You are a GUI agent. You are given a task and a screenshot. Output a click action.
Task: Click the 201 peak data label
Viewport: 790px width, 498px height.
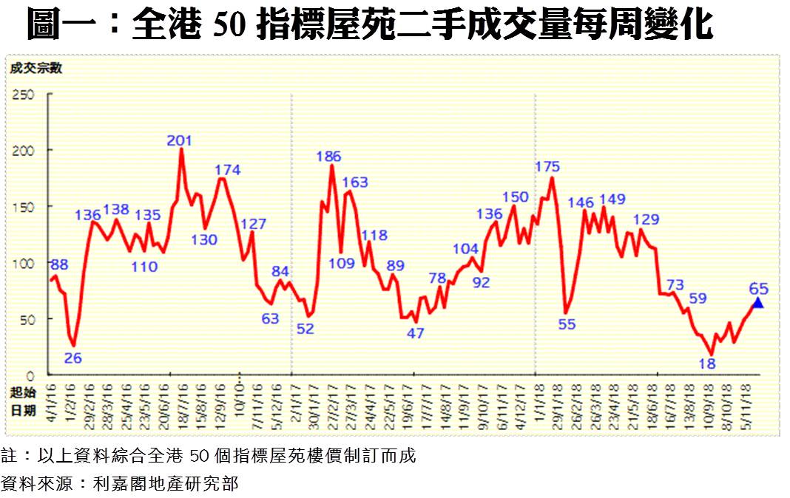click(x=180, y=140)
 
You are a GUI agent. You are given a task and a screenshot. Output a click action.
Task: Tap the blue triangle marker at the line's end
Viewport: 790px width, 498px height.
click(x=757, y=301)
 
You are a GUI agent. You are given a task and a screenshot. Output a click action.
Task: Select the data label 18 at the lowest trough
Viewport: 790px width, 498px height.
click(x=707, y=363)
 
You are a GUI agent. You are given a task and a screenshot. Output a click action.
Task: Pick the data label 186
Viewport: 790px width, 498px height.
click(x=328, y=157)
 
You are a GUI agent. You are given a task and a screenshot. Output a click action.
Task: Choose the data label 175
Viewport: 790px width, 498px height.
click(x=547, y=167)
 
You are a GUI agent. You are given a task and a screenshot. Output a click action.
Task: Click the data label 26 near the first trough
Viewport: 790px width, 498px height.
click(x=73, y=358)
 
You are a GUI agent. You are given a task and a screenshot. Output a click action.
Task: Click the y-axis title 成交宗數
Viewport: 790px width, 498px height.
click(x=35, y=69)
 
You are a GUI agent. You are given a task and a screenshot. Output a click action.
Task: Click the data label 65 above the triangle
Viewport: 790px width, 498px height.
click(x=758, y=288)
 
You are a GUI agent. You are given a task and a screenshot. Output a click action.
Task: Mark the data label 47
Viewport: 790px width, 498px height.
click(x=416, y=333)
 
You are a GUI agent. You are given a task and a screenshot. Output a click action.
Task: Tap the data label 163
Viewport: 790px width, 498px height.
click(x=355, y=183)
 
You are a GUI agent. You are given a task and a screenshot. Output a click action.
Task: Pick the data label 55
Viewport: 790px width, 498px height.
click(x=567, y=323)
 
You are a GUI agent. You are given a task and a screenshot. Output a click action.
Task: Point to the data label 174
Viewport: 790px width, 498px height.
click(x=228, y=171)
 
